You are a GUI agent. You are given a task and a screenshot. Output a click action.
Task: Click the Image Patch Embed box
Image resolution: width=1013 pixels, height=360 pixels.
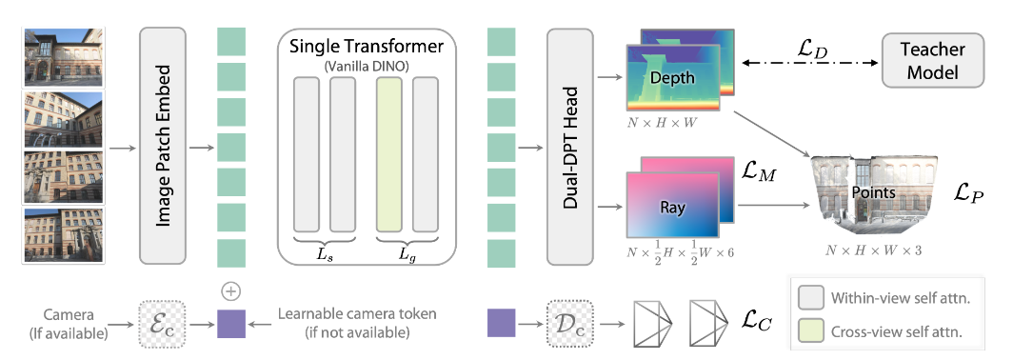tap(164, 145)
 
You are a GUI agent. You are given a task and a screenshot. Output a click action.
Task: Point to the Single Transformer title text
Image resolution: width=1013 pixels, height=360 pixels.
tap(366, 46)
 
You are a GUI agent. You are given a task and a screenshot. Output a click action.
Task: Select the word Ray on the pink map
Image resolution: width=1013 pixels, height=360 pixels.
tap(673, 205)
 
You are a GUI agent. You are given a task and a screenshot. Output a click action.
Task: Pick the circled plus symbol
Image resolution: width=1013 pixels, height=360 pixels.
tap(228, 290)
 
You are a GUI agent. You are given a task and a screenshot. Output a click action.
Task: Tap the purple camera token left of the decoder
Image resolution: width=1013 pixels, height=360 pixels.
tap(502, 324)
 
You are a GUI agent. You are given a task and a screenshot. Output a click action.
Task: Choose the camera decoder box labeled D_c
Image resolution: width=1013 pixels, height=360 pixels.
tap(568, 324)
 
